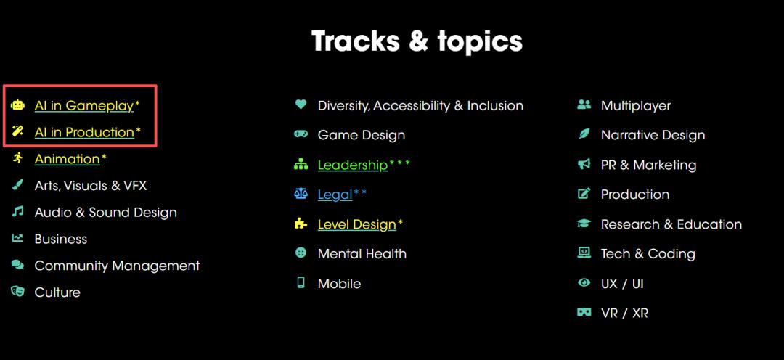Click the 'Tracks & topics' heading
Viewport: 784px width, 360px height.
417,41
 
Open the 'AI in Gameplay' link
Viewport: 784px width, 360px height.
84,105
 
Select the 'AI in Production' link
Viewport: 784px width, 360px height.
84,132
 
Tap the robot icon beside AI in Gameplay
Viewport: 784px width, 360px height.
17,105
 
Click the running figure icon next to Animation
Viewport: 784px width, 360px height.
17,158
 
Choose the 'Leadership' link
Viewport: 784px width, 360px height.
353,165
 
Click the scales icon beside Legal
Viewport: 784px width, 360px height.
301,194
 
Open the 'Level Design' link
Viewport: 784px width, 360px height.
357,224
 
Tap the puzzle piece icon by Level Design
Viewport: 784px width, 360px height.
301,224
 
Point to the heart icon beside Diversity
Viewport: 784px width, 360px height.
301,104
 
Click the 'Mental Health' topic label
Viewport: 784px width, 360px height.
362,254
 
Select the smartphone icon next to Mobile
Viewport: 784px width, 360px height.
301,282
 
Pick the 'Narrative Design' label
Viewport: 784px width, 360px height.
653,135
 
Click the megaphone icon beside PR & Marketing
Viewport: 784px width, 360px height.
584,164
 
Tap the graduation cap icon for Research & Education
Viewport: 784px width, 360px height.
584,224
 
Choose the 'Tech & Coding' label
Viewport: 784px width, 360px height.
648,254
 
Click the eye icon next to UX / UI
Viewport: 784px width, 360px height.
584,283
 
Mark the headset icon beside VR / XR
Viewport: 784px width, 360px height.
584,313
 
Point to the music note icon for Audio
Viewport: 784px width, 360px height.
17,211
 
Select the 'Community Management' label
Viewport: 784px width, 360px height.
117,266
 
